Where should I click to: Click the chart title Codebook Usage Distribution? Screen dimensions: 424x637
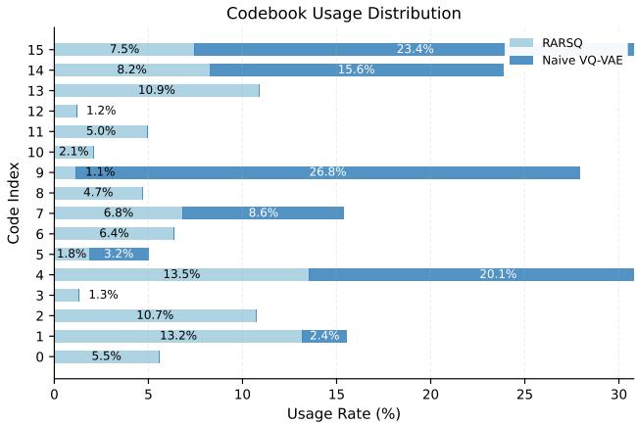point(343,14)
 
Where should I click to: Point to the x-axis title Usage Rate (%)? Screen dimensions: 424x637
point(343,413)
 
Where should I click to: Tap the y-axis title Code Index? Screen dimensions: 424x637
point(14,203)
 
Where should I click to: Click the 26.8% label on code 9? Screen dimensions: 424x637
point(327,172)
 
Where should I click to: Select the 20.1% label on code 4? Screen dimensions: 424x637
point(497,274)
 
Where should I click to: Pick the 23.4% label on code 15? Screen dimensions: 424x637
point(416,49)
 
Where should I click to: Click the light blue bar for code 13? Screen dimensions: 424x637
point(156,90)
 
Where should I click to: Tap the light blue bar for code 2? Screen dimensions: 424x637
point(155,315)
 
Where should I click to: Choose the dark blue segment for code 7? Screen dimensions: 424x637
point(263,212)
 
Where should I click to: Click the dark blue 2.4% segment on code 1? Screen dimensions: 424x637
point(324,336)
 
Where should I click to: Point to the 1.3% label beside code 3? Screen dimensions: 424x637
point(103,295)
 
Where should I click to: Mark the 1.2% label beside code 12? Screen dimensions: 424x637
point(101,111)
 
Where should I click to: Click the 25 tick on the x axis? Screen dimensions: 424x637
point(524,394)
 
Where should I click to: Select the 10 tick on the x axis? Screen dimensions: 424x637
point(242,394)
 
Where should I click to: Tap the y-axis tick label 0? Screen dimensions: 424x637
point(39,356)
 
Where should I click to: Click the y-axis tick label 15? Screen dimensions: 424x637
point(35,50)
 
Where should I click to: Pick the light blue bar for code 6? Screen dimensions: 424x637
point(114,233)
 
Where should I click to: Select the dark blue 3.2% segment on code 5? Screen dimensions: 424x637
point(119,254)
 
